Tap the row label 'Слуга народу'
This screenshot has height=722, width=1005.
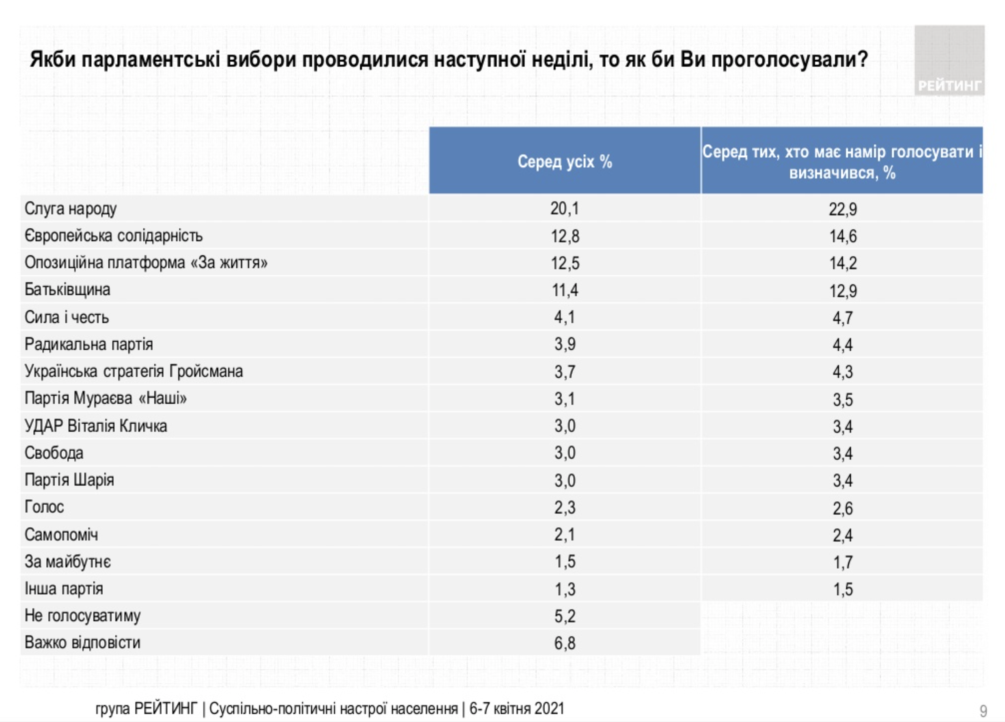71,208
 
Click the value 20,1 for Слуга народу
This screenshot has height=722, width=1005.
565,208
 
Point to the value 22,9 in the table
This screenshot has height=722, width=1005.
842,209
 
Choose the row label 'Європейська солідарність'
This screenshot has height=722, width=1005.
113,236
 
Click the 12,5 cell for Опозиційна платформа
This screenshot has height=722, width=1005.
565,263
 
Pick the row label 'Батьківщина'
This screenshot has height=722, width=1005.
67,290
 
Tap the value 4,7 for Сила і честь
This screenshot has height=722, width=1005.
842,318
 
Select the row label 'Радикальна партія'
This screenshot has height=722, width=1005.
88,344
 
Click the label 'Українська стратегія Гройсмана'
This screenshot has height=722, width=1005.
134,371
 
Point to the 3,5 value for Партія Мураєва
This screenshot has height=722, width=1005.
842,399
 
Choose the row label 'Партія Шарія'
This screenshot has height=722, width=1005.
69,480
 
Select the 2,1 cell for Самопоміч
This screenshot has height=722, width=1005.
565,535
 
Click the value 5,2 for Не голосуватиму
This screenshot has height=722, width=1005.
565,616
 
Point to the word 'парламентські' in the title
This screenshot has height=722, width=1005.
151,60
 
